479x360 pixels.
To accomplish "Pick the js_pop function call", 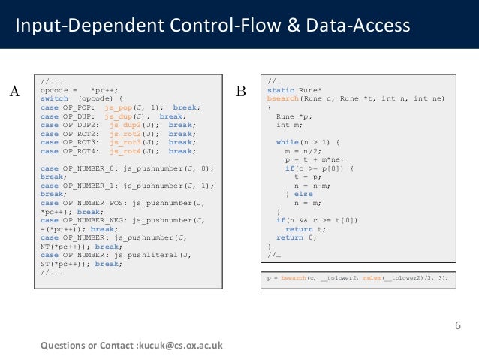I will point(119,107).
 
